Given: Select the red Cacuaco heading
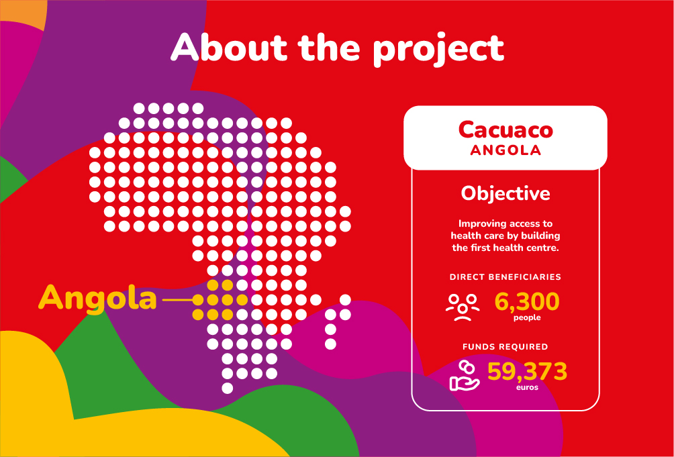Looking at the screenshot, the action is coord(505,130).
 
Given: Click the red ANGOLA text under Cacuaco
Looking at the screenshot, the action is coord(505,150).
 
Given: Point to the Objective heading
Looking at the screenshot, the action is coord(505,194).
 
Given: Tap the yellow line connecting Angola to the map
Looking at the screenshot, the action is coord(177,299).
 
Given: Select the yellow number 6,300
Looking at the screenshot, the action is coord(527,301).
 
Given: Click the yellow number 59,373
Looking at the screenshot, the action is coord(527,372).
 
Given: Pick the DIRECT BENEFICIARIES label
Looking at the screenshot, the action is coord(505,277).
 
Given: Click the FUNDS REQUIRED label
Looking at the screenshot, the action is coord(505,347).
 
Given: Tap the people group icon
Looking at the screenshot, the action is coord(463,307).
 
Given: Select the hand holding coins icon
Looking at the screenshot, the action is coord(464,375).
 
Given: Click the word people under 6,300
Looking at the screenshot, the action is coord(527,318).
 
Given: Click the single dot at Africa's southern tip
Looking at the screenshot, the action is coord(228,389).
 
